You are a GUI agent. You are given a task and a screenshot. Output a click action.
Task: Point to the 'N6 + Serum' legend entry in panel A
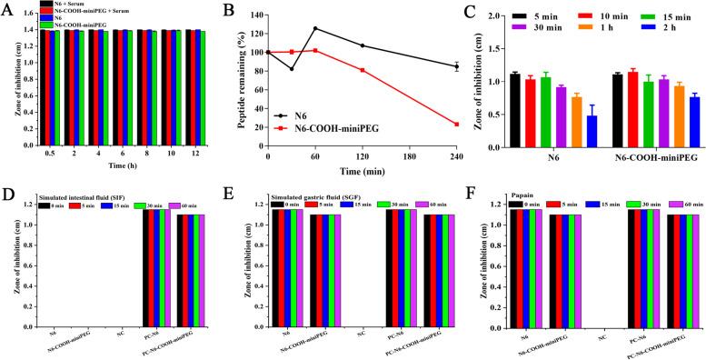point(69,5)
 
